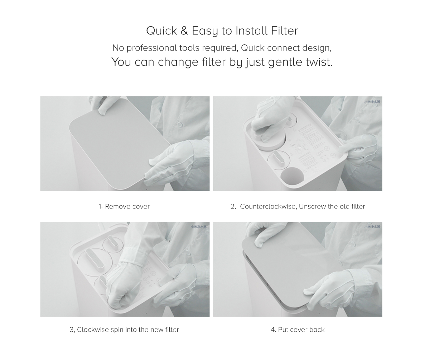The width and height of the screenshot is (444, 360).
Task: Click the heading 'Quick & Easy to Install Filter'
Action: [222, 31]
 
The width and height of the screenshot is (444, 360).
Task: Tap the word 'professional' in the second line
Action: [152, 48]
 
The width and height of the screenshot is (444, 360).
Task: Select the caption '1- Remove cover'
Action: [124, 206]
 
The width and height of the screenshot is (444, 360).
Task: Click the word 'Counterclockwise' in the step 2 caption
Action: [267, 206]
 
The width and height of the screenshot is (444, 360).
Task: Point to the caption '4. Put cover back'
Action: [298, 330]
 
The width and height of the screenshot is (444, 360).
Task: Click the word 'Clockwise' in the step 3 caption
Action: [93, 330]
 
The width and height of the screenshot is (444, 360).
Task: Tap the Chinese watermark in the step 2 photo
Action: [372, 102]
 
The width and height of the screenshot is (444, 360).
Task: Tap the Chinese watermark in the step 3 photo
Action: [198, 227]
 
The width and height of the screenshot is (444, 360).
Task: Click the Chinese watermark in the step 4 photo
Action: [372, 227]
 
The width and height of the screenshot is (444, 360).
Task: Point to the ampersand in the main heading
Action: [184, 31]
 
